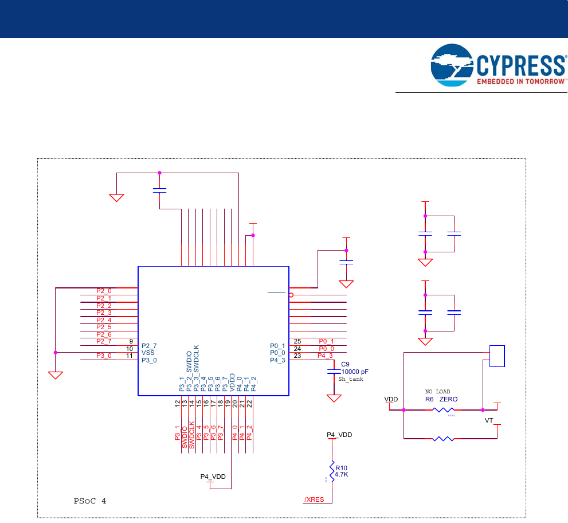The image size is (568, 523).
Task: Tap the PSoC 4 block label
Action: click(90, 501)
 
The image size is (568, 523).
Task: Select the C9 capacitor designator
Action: click(345, 364)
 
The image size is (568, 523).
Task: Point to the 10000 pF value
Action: click(354, 372)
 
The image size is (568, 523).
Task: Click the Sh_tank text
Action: click(351, 379)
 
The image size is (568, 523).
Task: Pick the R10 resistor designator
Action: click(341, 467)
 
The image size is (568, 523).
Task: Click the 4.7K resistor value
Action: click(342, 474)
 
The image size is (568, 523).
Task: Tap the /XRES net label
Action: click(314, 499)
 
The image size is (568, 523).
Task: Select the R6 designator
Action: click(429, 399)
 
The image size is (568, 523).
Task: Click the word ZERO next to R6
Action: click(448, 399)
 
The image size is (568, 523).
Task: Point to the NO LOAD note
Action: click(437, 392)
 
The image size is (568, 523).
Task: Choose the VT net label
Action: click(489, 420)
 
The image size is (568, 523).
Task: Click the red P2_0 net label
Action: click(104, 291)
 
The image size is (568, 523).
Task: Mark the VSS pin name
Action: click(148, 353)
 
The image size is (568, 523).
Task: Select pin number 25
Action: click(297, 341)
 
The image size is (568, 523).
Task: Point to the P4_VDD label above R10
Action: click(339, 435)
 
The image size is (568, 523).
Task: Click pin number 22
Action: click(250, 404)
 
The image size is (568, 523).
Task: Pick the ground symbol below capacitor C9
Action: click(332, 397)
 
